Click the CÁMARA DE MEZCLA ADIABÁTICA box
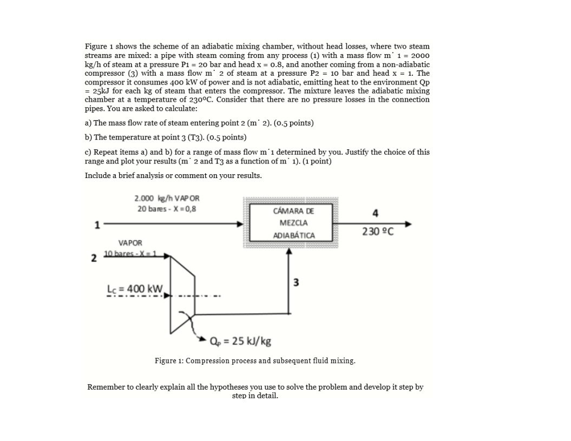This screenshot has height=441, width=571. [290, 222]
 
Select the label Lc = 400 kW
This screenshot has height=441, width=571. [139, 288]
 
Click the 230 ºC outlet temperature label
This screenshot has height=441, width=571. [377, 232]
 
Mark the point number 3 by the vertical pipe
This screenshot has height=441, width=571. [296, 281]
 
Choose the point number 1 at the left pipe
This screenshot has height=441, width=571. [98, 225]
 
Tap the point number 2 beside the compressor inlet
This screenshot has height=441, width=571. [93, 258]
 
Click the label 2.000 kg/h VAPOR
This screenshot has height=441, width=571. [167, 199]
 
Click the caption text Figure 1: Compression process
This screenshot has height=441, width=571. [255, 360]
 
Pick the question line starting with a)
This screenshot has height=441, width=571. [199, 123]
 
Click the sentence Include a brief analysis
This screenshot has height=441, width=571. [173, 175]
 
